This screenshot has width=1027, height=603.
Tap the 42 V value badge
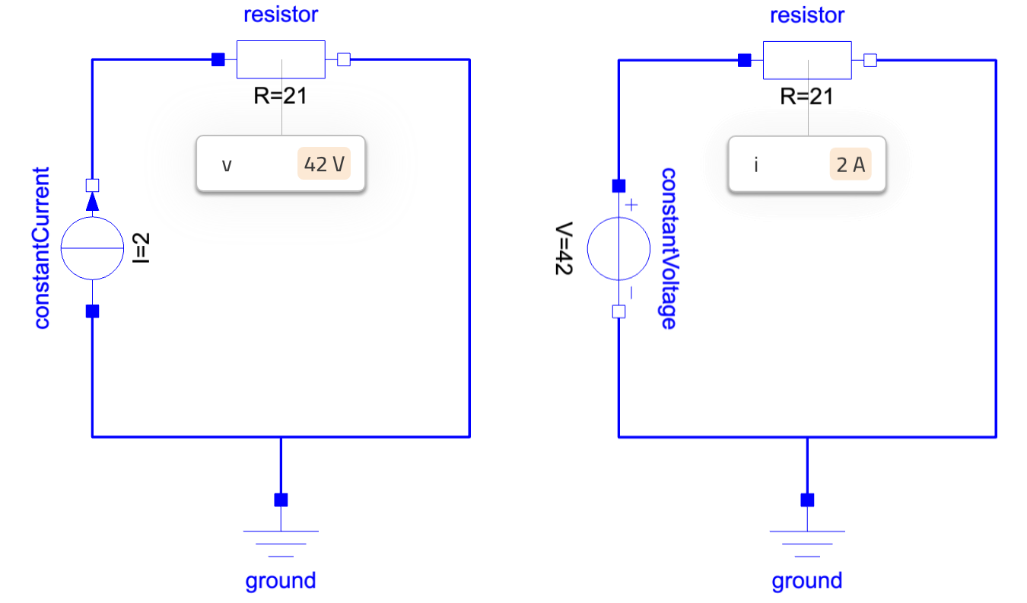click(324, 164)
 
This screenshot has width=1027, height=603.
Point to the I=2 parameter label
click(141, 248)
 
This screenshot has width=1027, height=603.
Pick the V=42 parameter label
click(564, 249)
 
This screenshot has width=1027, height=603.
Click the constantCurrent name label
click(41, 248)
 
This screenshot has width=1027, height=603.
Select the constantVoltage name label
click(667, 248)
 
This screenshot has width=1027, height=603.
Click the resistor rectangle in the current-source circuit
click(281, 59)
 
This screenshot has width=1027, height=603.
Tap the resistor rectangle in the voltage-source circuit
click(806, 59)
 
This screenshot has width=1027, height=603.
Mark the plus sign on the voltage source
click(631, 205)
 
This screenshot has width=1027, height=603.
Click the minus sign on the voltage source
click(631, 292)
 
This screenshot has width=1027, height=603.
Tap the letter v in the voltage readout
click(227, 164)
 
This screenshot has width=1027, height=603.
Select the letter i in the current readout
click(756, 164)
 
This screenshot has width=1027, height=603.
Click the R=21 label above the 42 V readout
click(281, 96)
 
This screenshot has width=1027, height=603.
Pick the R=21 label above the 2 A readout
click(806, 96)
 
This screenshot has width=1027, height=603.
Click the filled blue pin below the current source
click(92, 311)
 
